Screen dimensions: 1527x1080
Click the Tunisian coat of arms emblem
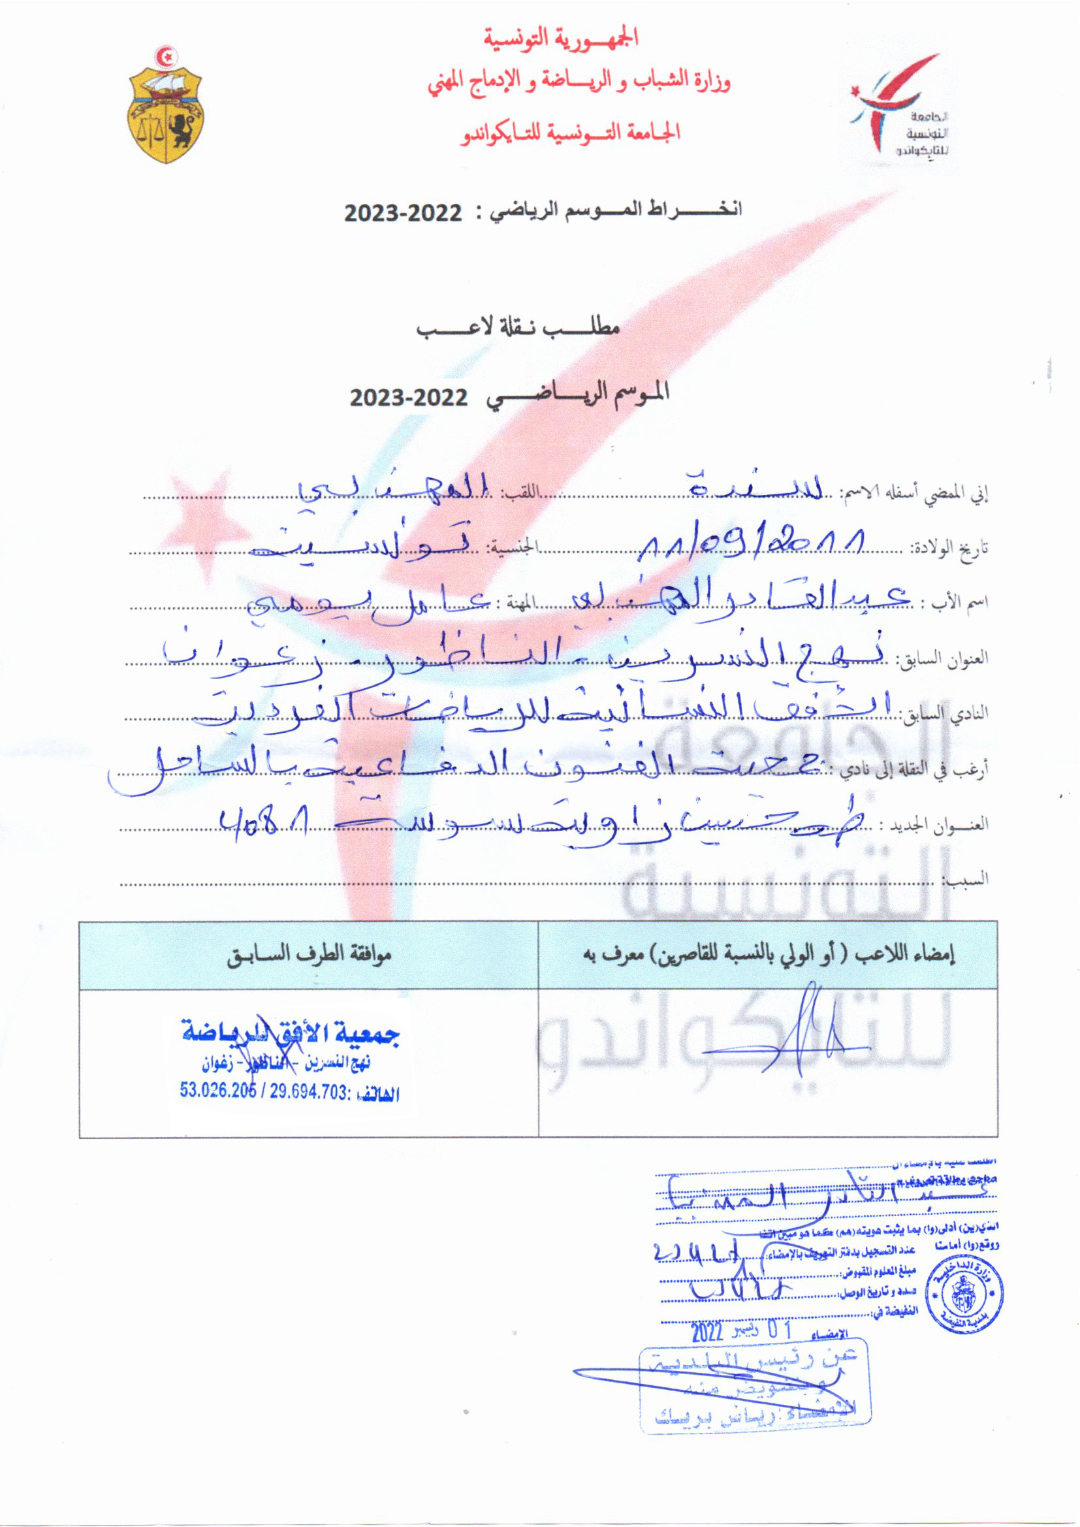(165, 105)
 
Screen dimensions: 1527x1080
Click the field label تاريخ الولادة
(949, 549)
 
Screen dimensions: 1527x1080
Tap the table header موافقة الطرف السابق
(309, 955)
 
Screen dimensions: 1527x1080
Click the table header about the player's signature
(769, 955)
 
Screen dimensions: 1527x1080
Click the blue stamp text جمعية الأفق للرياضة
(291, 1033)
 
